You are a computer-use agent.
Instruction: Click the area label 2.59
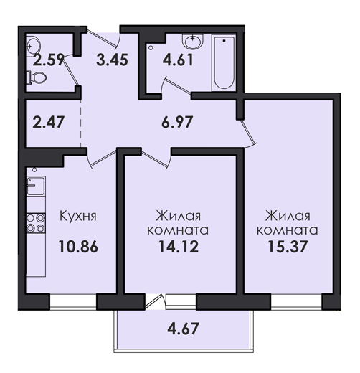point(49,60)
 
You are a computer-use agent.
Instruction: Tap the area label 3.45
point(112,60)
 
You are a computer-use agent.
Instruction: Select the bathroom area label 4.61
point(178,60)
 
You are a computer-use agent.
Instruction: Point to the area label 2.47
point(48,122)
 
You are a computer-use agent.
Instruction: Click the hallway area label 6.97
point(177,122)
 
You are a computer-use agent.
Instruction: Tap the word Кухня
point(78,216)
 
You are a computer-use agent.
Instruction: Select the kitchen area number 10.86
point(78,247)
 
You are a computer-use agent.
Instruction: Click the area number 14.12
point(179,247)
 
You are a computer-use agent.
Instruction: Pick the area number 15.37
point(288,247)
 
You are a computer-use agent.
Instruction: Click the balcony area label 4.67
point(183,329)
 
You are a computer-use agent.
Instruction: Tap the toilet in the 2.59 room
point(37,77)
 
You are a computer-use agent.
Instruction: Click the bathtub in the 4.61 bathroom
point(224,63)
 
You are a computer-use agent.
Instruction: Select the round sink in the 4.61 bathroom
point(193,42)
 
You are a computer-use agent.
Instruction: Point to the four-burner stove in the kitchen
point(36,223)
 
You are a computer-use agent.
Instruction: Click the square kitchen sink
point(36,186)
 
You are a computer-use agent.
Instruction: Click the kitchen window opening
point(73,301)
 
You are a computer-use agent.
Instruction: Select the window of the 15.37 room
point(296,302)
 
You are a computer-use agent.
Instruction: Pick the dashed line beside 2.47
point(81,123)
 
